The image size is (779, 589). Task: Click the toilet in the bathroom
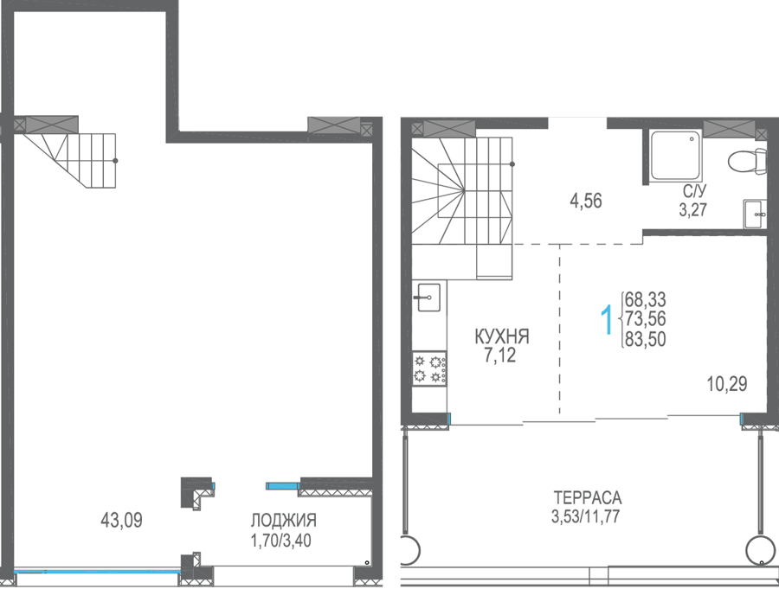pyautogui.click(x=748, y=161)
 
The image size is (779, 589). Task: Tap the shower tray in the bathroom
pyautogui.click(x=676, y=155)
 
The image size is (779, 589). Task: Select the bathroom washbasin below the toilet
pyautogui.click(x=755, y=214)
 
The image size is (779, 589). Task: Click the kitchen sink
pyautogui.click(x=428, y=297)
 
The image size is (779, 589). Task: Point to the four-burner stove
pyautogui.click(x=429, y=368)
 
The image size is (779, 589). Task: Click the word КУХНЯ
pyautogui.click(x=502, y=336)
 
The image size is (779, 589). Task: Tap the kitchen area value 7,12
pyautogui.click(x=499, y=355)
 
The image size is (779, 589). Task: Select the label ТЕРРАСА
pyautogui.click(x=587, y=497)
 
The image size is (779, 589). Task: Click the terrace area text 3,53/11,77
pyautogui.click(x=585, y=516)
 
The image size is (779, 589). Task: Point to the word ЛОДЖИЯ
pyautogui.click(x=283, y=521)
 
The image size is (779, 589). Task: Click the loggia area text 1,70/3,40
pyautogui.click(x=281, y=540)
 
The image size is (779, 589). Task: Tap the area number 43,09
pyautogui.click(x=121, y=520)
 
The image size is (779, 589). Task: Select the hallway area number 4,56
pyautogui.click(x=586, y=202)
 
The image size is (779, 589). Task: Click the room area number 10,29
pyautogui.click(x=727, y=384)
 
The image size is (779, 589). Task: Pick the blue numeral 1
pyautogui.click(x=607, y=320)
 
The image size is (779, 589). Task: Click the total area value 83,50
pyautogui.click(x=646, y=339)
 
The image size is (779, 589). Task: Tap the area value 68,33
pyautogui.click(x=646, y=300)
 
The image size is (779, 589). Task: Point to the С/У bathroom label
pyautogui.click(x=693, y=191)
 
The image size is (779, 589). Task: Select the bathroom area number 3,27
pyautogui.click(x=693, y=209)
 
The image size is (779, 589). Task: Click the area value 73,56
pyautogui.click(x=646, y=318)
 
